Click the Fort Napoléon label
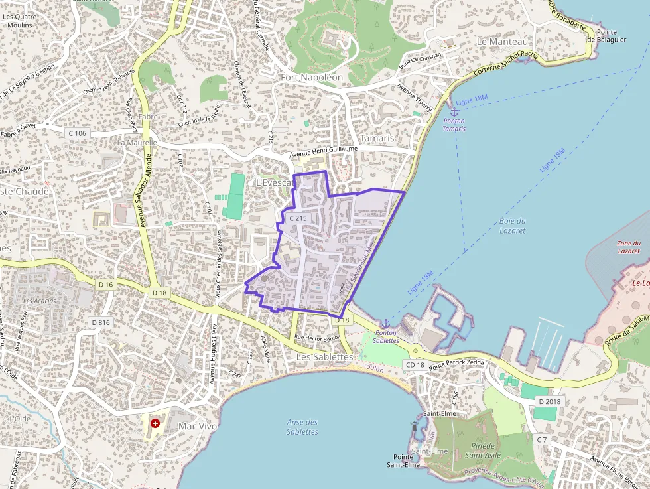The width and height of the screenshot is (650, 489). coord(311,77)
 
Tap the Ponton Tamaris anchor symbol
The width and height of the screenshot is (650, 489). coord(454,111)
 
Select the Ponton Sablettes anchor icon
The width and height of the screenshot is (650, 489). coord(385,323)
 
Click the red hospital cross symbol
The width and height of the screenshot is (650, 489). coord(155,423)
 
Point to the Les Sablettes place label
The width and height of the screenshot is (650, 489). coord(324,356)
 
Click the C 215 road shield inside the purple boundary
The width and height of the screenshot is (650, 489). coord(298,218)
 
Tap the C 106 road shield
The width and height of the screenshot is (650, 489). coord(77,133)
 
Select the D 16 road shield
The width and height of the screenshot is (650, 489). coord(105,285)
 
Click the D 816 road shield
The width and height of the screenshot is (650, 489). coord(100,322)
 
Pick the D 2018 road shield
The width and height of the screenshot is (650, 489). coord(550,401)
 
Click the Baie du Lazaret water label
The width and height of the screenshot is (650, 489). coord(511,226)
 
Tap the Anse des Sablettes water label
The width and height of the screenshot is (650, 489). coord(302,427)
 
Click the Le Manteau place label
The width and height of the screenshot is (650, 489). coord(501,41)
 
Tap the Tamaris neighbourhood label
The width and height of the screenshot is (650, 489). coord(377,138)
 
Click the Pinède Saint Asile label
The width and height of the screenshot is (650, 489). coord(482,451)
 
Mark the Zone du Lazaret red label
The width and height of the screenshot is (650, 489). coord(628,247)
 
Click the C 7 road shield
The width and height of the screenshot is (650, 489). coord(542,439)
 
